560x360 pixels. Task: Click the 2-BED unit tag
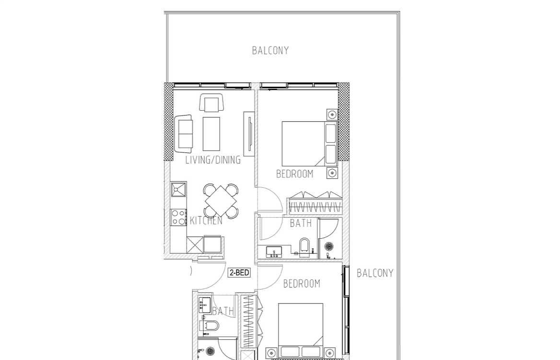[239, 273]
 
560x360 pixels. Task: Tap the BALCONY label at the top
[270, 50]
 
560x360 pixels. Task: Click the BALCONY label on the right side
[375, 273]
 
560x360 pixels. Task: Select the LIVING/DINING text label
[213, 160]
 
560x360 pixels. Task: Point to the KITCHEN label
[206, 221]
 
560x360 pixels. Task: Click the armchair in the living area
[211, 103]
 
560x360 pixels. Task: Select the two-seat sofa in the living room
[184, 133]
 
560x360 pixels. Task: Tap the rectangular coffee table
[211, 134]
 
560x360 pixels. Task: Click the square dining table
[221, 200]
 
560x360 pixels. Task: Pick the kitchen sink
[178, 189]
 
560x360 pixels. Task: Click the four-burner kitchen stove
[178, 217]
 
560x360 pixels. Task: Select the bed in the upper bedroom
[310, 144]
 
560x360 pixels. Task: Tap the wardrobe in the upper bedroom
[315, 203]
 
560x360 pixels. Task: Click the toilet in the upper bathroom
[305, 247]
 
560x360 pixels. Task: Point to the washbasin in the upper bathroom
[274, 252]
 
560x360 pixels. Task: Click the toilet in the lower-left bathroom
[210, 325]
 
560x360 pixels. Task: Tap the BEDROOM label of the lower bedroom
[302, 284]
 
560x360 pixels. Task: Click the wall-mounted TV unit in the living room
[248, 132]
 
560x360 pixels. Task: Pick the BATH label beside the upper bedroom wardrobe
[301, 223]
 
